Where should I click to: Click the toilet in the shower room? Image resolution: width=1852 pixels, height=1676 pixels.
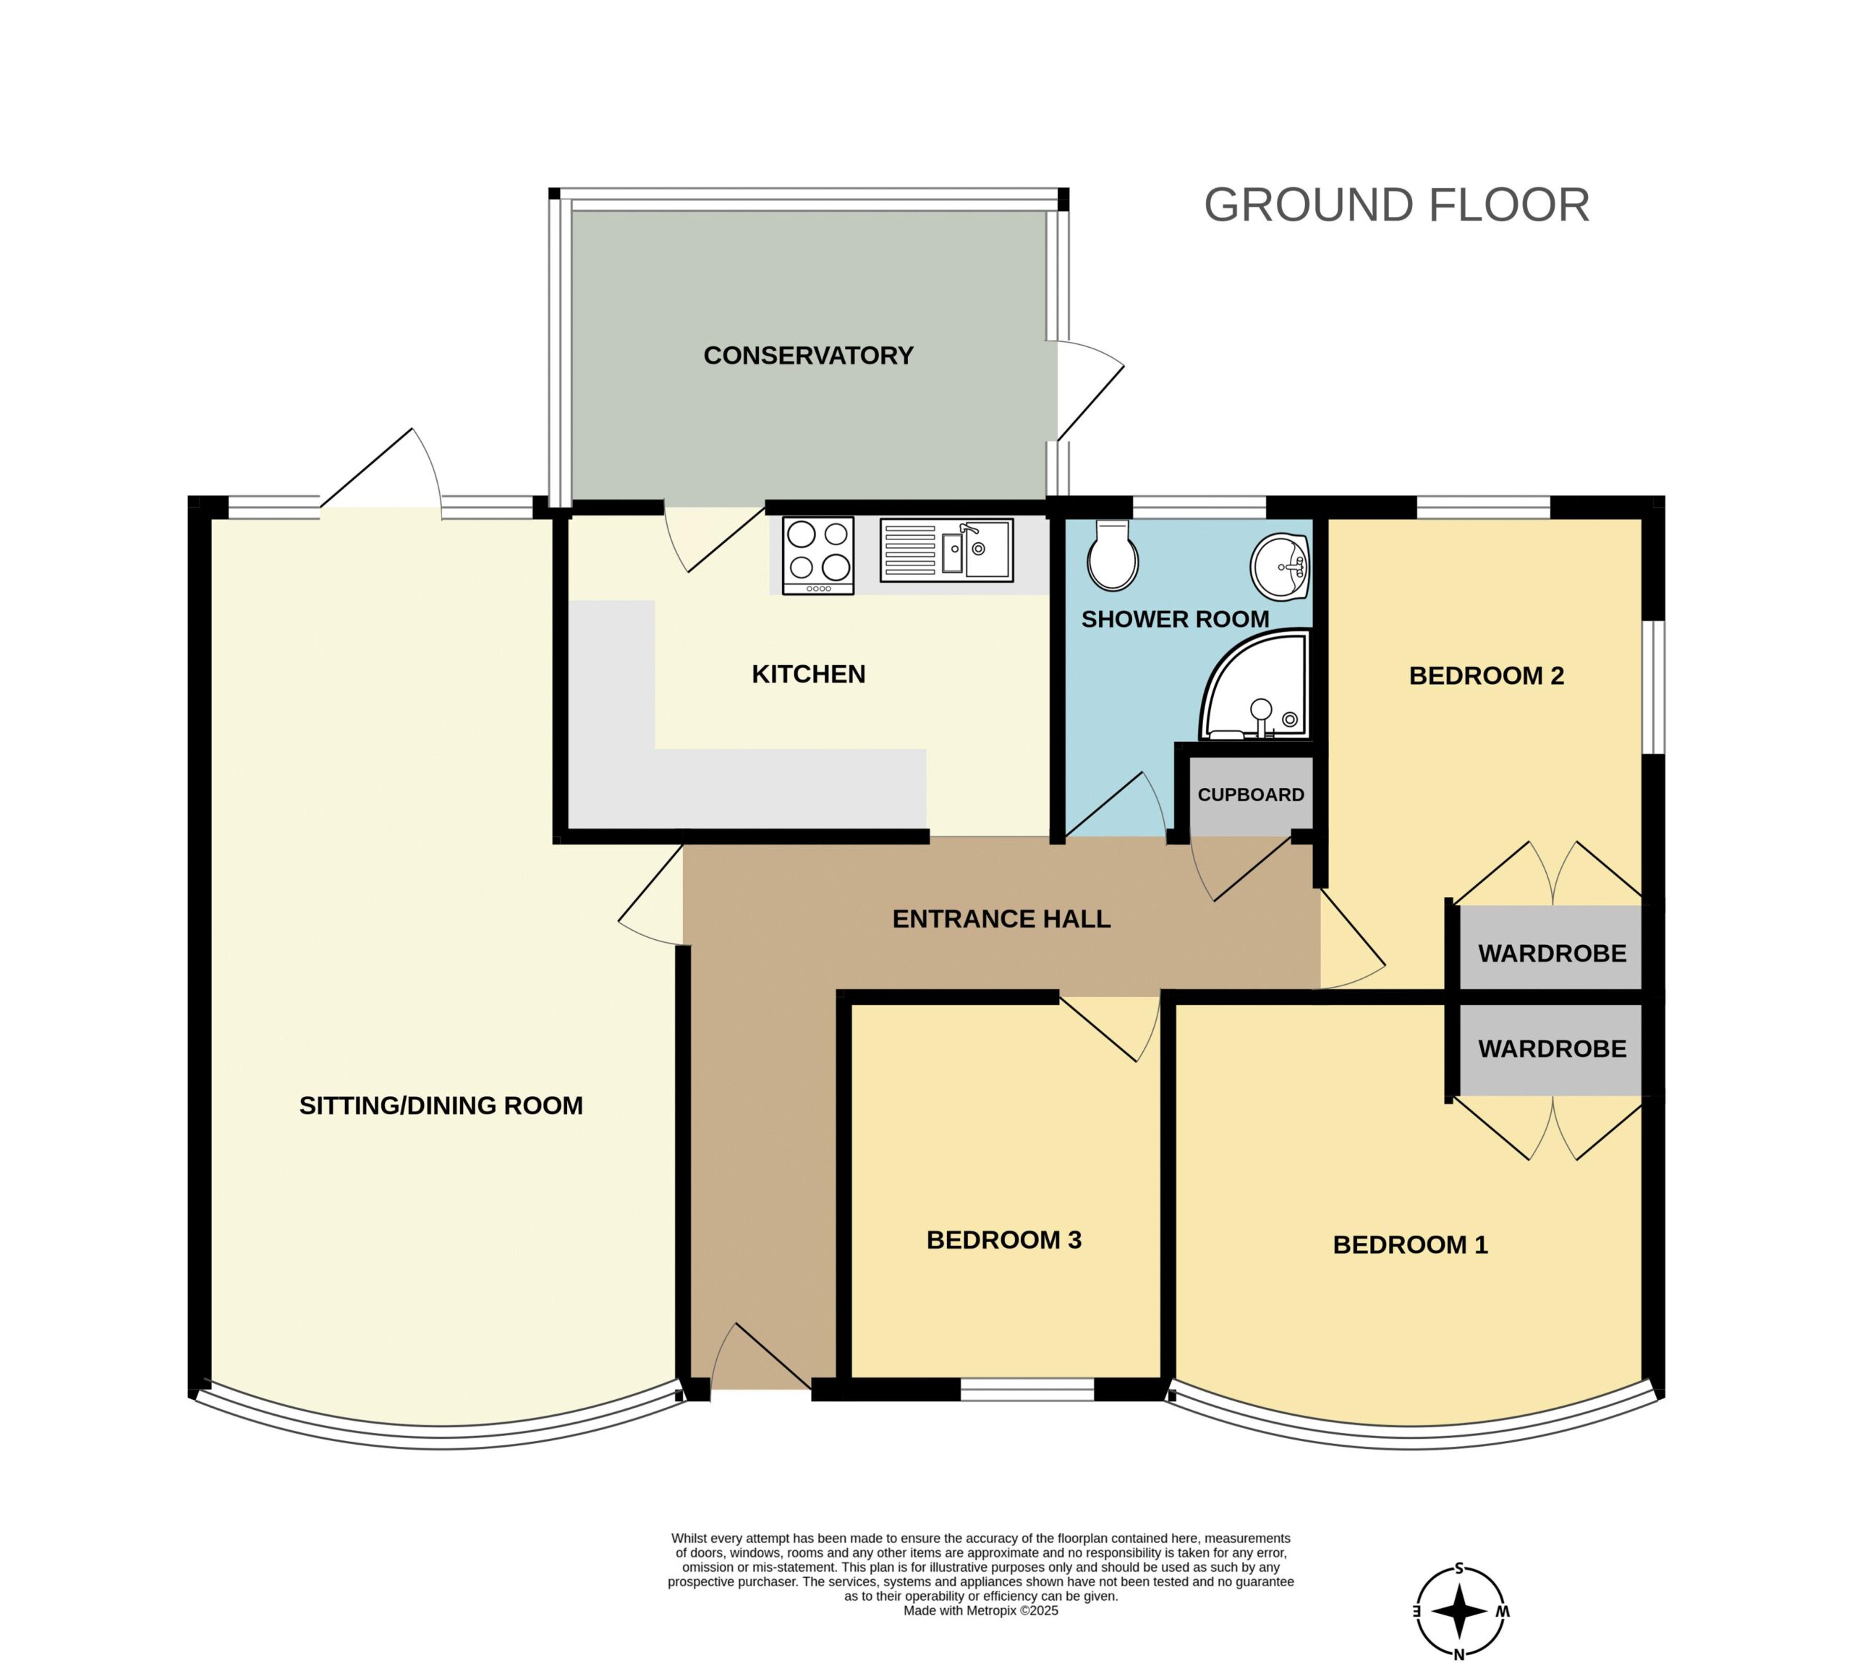click(1113, 555)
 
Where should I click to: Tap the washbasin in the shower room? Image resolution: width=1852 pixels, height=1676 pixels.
click(1280, 567)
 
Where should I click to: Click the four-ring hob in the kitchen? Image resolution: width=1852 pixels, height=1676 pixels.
click(817, 555)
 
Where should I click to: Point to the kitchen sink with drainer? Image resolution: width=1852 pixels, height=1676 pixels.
click(946, 550)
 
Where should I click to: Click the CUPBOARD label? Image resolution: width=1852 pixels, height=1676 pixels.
click(1250, 795)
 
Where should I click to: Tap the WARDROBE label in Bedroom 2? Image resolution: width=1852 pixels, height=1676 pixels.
click(1552, 953)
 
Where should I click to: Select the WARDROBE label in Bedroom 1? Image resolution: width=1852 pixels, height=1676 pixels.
click(1552, 1048)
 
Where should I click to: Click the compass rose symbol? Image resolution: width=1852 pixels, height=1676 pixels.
click(1460, 1612)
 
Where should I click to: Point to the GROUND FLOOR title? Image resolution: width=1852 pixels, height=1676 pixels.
click(1396, 205)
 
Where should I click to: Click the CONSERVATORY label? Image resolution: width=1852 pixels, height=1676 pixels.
click(808, 356)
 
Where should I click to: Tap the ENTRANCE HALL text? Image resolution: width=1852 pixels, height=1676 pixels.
click(1001, 918)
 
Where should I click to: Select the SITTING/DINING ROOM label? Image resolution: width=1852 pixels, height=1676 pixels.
click(441, 1105)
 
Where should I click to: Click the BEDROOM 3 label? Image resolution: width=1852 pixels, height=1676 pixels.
click(1004, 1240)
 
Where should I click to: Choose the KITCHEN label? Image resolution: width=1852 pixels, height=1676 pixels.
click(808, 674)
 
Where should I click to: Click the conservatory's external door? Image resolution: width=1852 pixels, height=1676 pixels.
click(1090, 390)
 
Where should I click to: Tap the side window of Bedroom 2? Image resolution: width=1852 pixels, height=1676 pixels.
click(1654, 688)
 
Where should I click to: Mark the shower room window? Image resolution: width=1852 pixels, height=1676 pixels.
click(1199, 507)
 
